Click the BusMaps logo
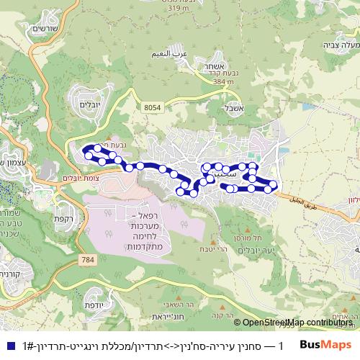[325, 343]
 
